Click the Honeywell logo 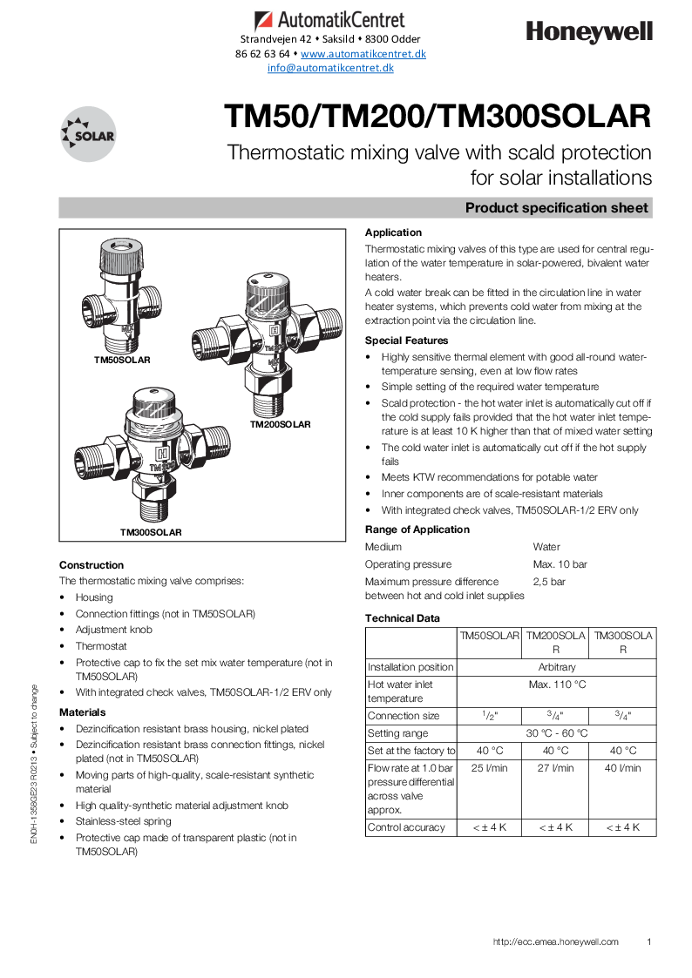[x=589, y=32]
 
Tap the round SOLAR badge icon [x=88, y=134]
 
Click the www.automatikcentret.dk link [x=363, y=53]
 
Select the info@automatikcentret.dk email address [x=330, y=67]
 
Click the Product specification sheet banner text [x=556, y=208]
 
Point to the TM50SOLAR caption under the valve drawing [x=123, y=360]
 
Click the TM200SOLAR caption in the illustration [x=280, y=425]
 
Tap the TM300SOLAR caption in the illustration [x=151, y=532]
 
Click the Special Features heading [x=406, y=341]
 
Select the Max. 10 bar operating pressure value [x=560, y=564]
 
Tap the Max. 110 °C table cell [x=556, y=685]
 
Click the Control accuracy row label [x=406, y=827]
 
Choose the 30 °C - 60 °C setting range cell [x=556, y=733]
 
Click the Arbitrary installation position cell [x=556, y=667]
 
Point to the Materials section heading [x=82, y=712]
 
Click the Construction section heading [x=92, y=565]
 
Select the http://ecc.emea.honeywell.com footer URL [x=555, y=941]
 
